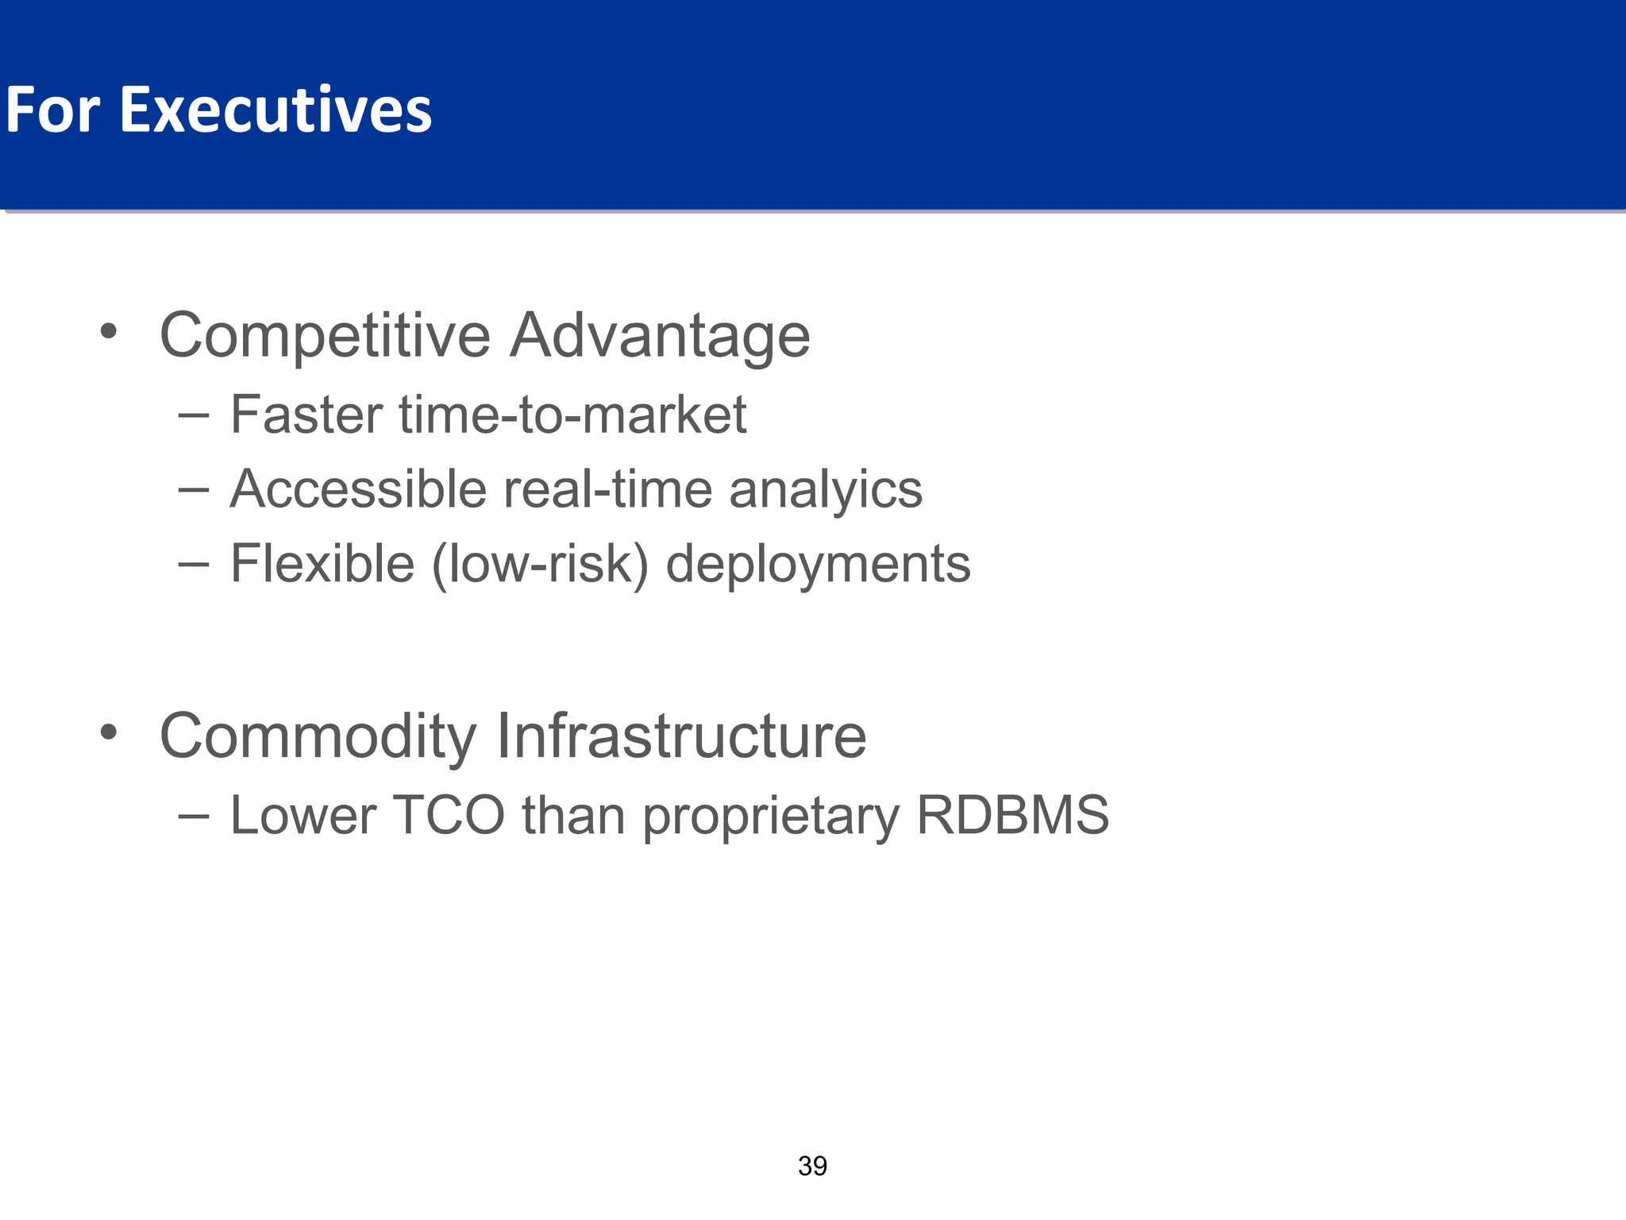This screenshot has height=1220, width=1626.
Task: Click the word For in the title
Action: click(x=52, y=110)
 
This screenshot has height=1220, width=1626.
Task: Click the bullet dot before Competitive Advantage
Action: click(x=109, y=331)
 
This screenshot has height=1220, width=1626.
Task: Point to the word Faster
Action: click(x=306, y=415)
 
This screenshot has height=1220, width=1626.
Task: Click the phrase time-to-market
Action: click(x=572, y=415)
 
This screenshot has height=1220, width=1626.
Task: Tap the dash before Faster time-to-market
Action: click(x=194, y=415)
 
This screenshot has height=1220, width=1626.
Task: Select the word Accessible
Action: click(x=358, y=488)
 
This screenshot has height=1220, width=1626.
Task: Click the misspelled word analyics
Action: click(x=826, y=490)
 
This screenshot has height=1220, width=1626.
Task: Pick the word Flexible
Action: click(x=322, y=563)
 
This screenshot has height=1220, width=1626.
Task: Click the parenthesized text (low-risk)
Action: click(x=540, y=565)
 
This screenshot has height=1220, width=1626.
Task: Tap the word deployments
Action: click(x=818, y=565)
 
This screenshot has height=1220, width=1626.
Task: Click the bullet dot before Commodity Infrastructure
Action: click(x=109, y=732)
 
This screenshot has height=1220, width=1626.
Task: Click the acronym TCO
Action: click(x=449, y=815)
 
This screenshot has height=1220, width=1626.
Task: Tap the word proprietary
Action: click(x=771, y=817)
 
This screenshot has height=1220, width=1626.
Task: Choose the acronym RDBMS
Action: click(x=1012, y=815)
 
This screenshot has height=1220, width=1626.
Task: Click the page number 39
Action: click(x=812, y=1166)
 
